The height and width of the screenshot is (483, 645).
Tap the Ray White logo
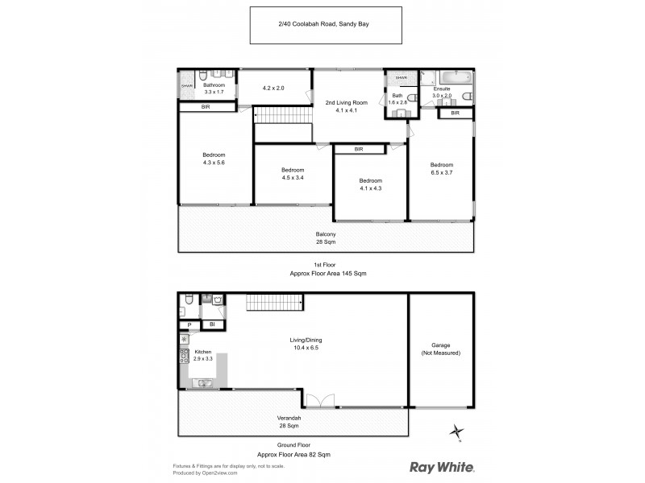tap(442, 467)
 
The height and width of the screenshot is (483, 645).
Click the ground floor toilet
tap(187, 300)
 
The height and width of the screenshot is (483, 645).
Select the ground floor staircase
tap(275, 303)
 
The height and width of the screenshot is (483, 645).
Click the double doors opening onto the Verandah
tap(319, 400)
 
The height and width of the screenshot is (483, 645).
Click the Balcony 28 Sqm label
tap(326, 237)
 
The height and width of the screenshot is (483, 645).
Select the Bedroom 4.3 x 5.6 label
tap(214, 159)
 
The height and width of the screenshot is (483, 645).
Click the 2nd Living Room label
tap(346, 106)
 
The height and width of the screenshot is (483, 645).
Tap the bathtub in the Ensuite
tap(447, 81)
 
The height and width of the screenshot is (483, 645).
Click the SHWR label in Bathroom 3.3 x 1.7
tap(186, 85)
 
